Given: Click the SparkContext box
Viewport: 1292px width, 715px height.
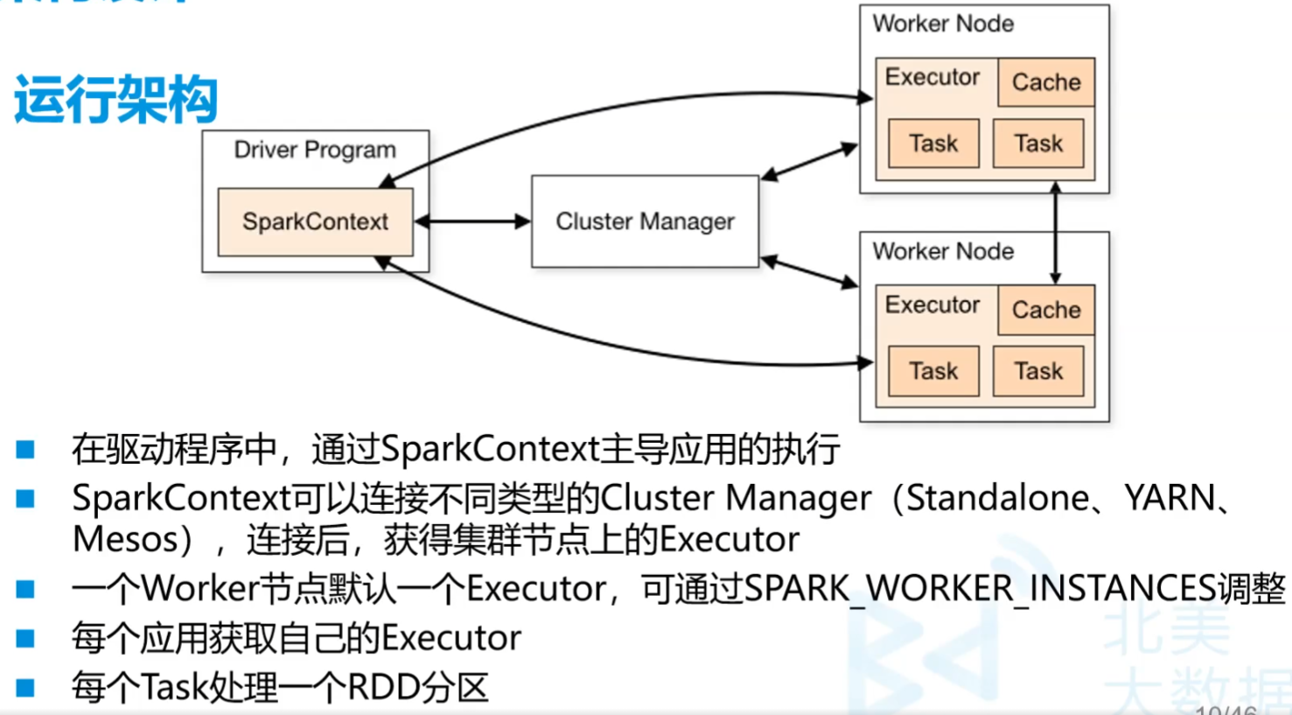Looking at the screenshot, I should [x=315, y=221].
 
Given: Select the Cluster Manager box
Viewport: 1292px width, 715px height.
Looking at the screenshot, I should [x=645, y=221].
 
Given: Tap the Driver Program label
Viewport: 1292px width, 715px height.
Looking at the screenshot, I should [x=315, y=151].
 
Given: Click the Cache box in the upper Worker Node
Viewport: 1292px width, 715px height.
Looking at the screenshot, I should [x=1046, y=82].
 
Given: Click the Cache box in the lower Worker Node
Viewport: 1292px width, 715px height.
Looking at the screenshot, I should [x=1046, y=310].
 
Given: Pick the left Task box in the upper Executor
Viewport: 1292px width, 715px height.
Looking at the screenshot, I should [x=933, y=144].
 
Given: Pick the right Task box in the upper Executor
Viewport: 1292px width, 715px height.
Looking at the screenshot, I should [x=1038, y=144].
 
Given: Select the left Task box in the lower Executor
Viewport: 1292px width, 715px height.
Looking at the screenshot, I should [x=933, y=371].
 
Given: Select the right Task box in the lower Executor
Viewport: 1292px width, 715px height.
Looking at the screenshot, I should [x=1038, y=371].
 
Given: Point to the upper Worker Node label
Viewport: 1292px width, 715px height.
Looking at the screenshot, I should [x=943, y=24].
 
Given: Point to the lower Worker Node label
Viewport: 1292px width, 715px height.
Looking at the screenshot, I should [x=943, y=251].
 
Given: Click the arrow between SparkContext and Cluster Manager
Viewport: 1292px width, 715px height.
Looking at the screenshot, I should [x=472, y=221].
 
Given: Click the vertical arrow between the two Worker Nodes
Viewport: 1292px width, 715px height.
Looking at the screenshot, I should [x=1056, y=232].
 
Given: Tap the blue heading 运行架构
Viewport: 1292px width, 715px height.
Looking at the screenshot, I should [x=115, y=100].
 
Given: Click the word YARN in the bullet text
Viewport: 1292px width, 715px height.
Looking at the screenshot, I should [x=1170, y=498].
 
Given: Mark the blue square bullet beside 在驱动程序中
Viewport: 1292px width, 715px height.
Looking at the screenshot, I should [x=25, y=450].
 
